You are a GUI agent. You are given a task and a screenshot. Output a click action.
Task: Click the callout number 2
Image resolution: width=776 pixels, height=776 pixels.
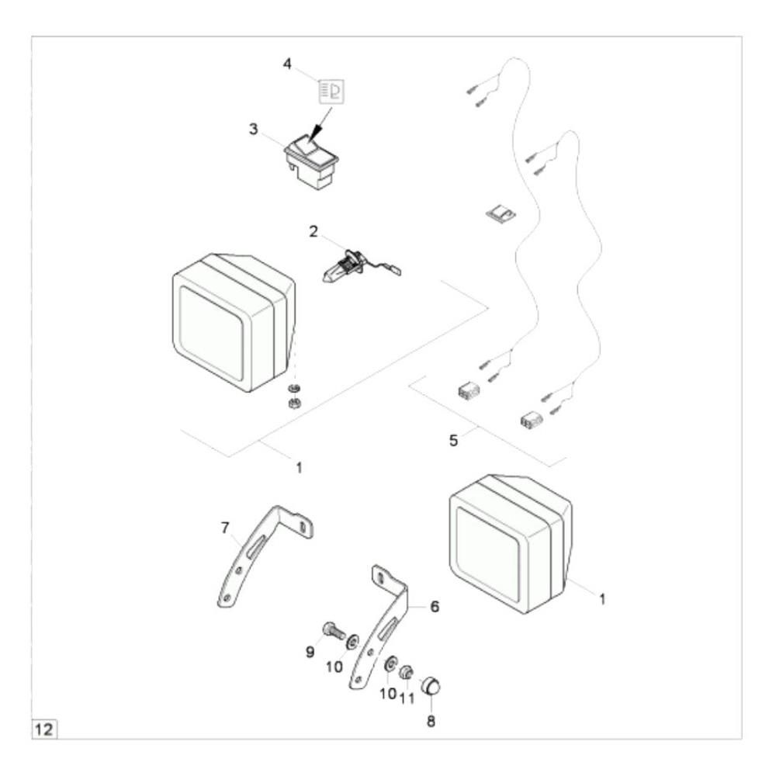313,230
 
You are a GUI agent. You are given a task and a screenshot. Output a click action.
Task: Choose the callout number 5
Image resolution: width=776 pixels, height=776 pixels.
454,440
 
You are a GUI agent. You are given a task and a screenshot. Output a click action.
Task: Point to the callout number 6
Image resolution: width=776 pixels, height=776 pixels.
435,606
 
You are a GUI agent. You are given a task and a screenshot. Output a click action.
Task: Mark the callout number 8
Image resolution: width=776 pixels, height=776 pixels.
431,721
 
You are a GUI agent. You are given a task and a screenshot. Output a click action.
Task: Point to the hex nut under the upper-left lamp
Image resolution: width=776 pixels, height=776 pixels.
293,403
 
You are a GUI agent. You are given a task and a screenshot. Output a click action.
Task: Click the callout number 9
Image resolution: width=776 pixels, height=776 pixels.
310,652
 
